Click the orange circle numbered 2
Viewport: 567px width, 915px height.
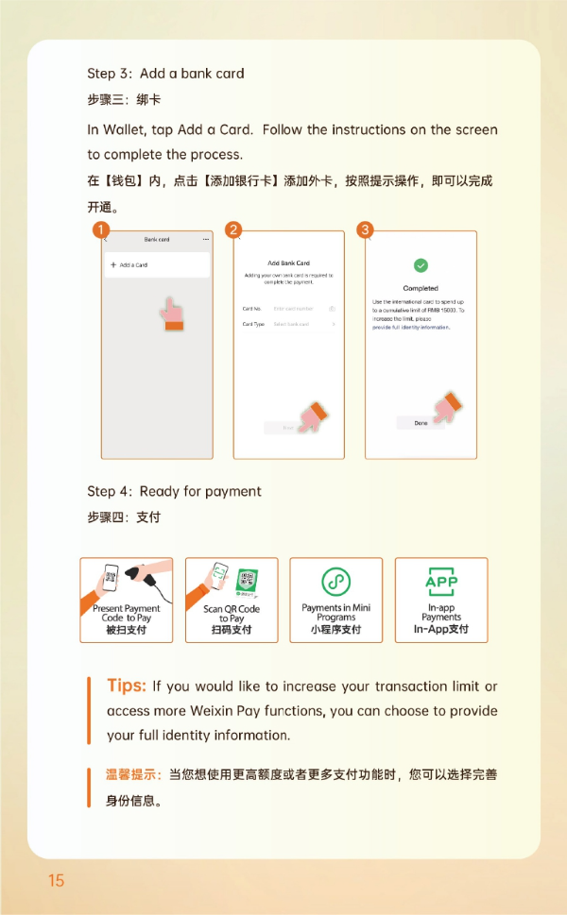233,229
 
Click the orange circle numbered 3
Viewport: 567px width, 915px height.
366,229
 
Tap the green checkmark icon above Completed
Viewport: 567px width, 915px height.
421,266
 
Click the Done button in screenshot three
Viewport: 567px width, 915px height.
421,423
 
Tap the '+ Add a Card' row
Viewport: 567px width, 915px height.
157,265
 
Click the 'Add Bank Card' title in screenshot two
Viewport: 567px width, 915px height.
288,263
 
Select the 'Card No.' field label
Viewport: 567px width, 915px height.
251,309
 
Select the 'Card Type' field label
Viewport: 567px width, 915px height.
253,324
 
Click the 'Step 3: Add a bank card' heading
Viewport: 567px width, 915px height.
165,74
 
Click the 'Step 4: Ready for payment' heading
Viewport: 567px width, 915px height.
174,491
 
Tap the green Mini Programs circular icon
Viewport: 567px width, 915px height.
335,582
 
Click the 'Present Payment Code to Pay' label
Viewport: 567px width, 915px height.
126,614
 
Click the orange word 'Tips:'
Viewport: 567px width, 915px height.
126,686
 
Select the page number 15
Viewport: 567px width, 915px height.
56,880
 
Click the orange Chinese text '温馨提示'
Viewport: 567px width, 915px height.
132,775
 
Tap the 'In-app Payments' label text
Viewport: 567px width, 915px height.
441,612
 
